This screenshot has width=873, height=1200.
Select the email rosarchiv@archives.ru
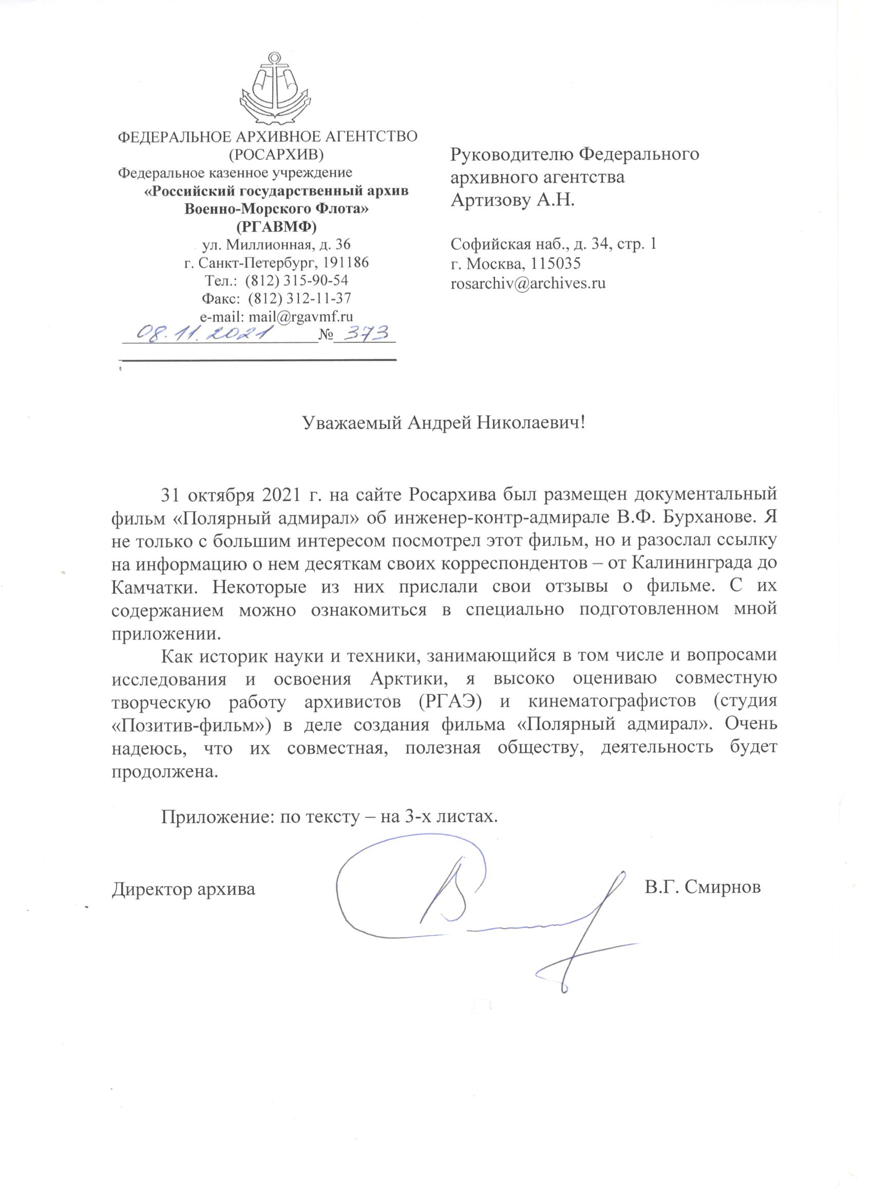pyautogui.click(x=528, y=284)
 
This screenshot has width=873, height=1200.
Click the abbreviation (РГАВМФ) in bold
pyautogui.click(x=276, y=227)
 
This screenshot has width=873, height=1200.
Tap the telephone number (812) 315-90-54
pyautogui.click(x=300, y=280)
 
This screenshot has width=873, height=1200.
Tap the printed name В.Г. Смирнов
pyautogui.click(x=703, y=887)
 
